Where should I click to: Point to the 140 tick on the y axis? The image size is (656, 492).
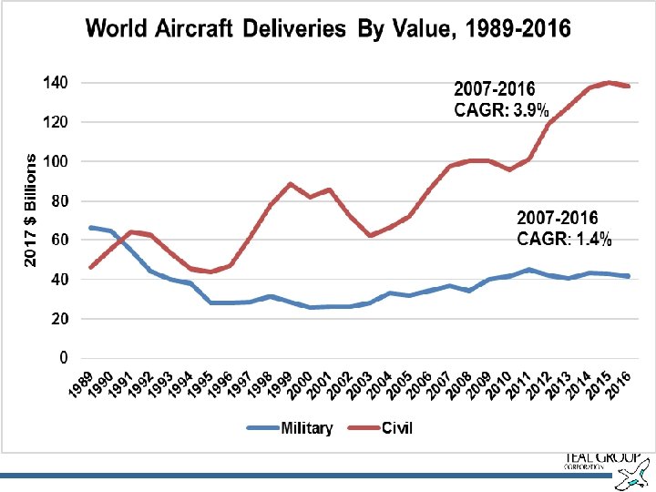(56, 82)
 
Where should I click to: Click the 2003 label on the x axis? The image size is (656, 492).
(356, 387)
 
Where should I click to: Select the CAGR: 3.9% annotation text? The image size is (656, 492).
(501, 111)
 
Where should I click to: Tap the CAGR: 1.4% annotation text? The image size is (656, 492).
(564, 240)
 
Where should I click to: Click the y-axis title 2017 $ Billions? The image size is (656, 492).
(30, 210)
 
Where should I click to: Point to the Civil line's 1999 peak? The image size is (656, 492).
(291, 184)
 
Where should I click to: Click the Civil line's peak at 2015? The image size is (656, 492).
(609, 83)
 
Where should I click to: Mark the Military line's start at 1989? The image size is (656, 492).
(90, 227)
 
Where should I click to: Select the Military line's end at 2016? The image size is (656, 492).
(628, 276)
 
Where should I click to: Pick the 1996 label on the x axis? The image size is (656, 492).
(218, 387)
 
